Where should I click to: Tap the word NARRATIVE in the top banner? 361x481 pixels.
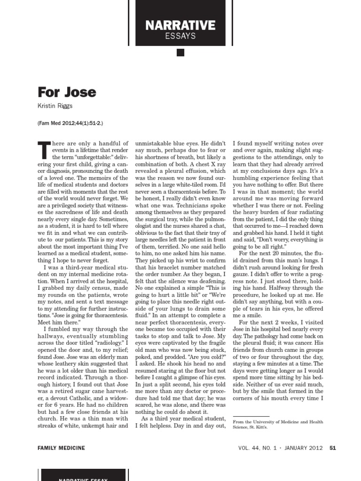pos(180,25)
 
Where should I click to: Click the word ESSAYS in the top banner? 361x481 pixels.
pos(180,36)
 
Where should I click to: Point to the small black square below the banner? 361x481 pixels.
pos(180,53)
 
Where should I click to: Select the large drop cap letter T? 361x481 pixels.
pos(43,150)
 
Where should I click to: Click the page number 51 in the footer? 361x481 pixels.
pos(332,448)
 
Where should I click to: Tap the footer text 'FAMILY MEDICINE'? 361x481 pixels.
pos(61,448)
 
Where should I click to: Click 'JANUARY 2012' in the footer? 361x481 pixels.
pos(304,448)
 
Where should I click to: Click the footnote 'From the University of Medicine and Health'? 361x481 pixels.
pos(278,422)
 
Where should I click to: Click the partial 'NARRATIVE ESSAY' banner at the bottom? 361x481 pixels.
pos(84,478)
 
